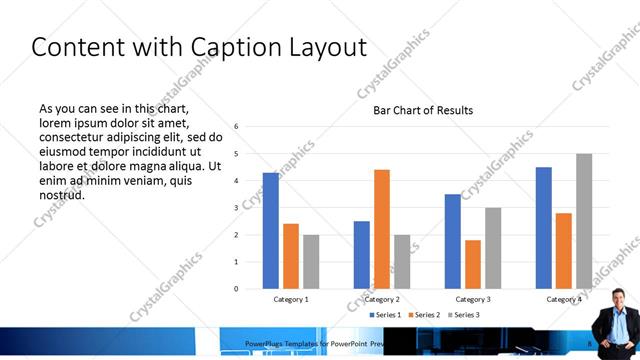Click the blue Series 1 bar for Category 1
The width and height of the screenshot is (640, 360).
pyautogui.click(x=271, y=231)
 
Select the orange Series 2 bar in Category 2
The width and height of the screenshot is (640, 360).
pyautogui.click(x=382, y=229)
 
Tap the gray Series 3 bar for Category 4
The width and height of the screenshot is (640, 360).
pyautogui.click(x=584, y=221)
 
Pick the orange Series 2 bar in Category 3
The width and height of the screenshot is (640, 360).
pyautogui.click(x=473, y=264)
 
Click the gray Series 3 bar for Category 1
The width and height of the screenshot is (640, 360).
pyautogui.click(x=311, y=262)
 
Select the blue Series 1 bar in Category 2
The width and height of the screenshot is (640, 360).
pyautogui.click(x=362, y=255)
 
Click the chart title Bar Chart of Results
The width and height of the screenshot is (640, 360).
pyautogui.click(x=423, y=110)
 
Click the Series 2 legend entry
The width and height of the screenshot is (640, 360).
pyautogui.click(x=426, y=315)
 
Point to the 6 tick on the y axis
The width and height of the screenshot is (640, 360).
pyautogui.click(x=236, y=127)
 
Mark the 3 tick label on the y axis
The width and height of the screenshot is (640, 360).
pyautogui.click(x=236, y=208)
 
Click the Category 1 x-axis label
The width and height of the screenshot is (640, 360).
pyautogui.click(x=291, y=299)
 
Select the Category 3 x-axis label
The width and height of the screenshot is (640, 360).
pyautogui.click(x=473, y=299)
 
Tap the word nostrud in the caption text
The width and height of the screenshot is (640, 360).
pyautogui.click(x=61, y=194)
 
